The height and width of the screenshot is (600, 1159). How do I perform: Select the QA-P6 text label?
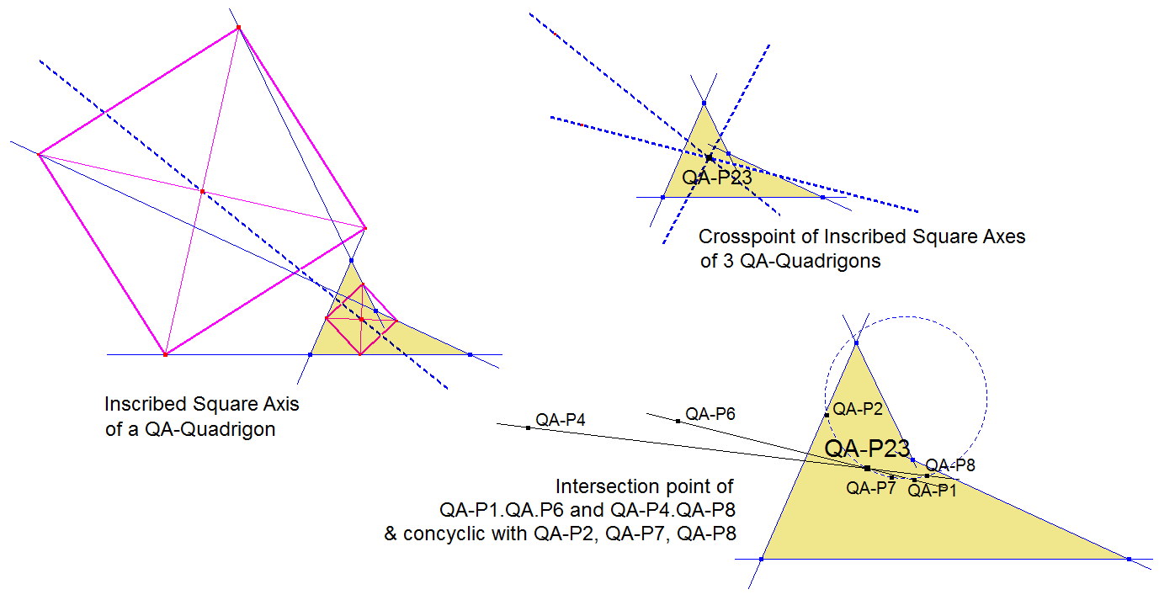710,413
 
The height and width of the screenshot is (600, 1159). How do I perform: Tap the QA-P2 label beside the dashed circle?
858,409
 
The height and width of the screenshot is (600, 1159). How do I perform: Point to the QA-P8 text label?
950,465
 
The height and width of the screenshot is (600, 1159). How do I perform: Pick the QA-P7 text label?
870,487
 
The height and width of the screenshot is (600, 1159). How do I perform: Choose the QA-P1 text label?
932,491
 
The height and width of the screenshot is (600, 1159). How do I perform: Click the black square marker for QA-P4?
528,428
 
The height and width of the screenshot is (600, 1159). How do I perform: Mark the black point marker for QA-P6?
678,421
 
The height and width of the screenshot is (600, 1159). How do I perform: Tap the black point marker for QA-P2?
827,415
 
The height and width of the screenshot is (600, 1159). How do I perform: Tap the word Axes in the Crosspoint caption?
1006,236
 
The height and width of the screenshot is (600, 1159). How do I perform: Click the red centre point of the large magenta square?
202,192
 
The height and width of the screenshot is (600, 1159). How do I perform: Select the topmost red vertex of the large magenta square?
238,28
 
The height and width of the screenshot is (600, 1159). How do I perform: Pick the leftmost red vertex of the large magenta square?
39,154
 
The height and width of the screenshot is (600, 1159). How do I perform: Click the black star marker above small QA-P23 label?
710,158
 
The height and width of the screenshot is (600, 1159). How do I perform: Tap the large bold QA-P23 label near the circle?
867,449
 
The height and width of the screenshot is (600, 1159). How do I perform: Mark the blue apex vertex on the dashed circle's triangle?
856,342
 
